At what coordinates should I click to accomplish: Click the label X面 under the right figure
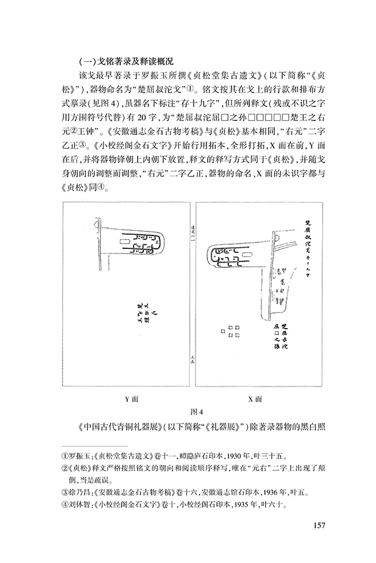click(x=255, y=399)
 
